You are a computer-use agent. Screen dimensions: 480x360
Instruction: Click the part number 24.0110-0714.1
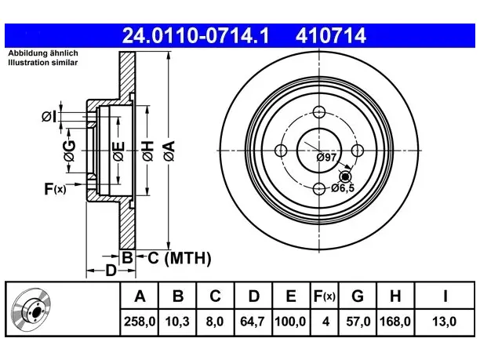(195, 35)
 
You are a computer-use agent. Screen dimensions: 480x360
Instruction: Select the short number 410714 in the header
(331, 35)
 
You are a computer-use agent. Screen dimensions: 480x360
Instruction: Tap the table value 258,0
(140, 322)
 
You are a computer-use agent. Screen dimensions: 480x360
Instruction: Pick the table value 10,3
(177, 322)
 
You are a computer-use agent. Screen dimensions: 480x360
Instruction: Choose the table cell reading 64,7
(253, 322)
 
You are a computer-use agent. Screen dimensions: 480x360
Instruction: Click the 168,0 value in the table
(395, 322)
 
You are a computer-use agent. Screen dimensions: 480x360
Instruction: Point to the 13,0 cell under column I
(444, 322)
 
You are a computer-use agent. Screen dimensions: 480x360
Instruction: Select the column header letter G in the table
(358, 296)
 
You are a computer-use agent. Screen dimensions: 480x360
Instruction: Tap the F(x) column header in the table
(325, 296)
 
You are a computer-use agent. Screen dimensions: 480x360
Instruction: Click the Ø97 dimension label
(326, 158)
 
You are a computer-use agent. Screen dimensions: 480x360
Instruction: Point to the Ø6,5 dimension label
(343, 187)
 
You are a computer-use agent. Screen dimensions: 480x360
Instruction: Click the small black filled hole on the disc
(346, 176)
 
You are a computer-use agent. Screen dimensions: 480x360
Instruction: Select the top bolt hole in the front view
(319, 112)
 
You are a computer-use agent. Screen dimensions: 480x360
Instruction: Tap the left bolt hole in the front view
(281, 151)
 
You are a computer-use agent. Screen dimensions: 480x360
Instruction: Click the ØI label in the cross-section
(49, 117)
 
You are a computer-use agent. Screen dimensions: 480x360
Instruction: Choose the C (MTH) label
(180, 258)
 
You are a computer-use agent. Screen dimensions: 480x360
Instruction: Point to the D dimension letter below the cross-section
(111, 271)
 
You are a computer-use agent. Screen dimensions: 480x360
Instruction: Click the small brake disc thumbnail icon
(31, 309)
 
